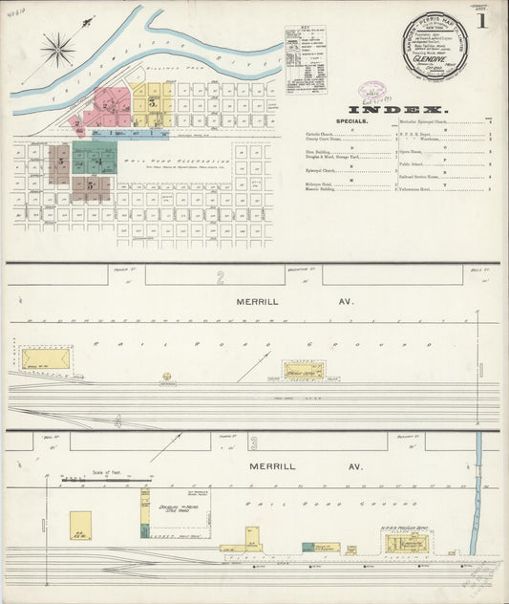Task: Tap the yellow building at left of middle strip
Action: click(46, 358)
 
